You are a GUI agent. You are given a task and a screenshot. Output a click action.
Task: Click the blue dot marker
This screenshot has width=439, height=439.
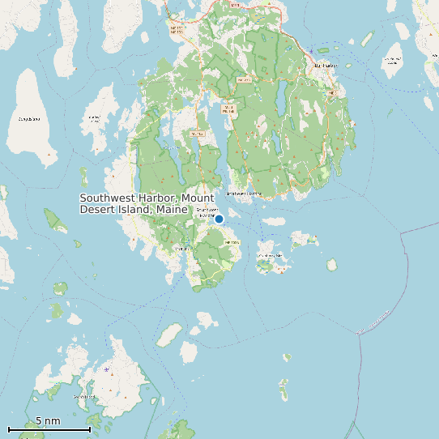pos(219,218)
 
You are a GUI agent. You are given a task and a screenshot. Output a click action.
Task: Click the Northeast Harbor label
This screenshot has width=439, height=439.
pos(244,194)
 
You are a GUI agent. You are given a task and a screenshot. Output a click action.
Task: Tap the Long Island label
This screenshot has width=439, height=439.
pos(28,119)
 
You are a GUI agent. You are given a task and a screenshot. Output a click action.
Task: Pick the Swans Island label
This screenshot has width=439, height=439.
pos(83,397)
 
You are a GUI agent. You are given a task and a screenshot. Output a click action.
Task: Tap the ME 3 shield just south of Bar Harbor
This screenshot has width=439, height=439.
pos(331,93)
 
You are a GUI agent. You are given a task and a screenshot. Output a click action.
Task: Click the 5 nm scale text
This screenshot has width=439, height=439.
pos(48,421)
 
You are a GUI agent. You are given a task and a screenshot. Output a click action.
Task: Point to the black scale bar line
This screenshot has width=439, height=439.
pos(49,429)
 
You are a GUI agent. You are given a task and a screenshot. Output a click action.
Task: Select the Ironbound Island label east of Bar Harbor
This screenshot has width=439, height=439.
pos(394,58)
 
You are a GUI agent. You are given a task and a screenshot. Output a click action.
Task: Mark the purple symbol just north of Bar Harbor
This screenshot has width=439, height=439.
pos(311,52)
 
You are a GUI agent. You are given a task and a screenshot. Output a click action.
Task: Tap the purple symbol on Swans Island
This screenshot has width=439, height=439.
pos(107,370)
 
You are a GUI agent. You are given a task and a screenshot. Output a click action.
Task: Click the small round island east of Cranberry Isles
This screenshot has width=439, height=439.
pos(332,265)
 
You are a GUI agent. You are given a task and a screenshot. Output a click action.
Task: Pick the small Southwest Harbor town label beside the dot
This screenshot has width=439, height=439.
pos(207,212)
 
